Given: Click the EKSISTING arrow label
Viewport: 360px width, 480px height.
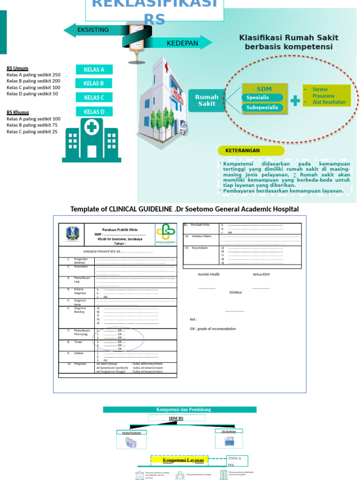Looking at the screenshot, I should (93, 30).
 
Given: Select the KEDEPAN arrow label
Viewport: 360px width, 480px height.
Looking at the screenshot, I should (182, 44).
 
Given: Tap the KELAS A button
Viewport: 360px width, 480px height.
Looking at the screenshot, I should (94, 70).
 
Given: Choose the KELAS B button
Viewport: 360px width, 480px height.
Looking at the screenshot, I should (94, 83).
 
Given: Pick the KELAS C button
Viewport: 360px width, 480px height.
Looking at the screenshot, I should (94, 97).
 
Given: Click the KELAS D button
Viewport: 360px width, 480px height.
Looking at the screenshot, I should (94, 112).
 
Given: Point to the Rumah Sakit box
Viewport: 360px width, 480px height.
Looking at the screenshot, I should (207, 100).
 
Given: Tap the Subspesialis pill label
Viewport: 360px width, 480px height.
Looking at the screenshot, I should (262, 107).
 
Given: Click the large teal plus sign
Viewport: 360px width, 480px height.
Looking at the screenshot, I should (295, 101).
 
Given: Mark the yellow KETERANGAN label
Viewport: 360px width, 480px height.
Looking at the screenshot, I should (251, 151).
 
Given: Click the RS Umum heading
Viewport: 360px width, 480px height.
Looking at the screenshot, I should (17, 68).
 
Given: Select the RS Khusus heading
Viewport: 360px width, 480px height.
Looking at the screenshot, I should (18, 112).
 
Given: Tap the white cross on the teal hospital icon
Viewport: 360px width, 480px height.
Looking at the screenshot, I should (91, 127).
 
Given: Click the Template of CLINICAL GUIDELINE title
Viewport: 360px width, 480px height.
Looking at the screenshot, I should (184, 209).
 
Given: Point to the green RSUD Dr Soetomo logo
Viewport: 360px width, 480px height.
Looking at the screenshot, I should (165, 233).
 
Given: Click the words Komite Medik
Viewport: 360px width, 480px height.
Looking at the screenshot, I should (209, 274).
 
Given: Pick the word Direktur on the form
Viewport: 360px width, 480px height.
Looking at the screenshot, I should (235, 292).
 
